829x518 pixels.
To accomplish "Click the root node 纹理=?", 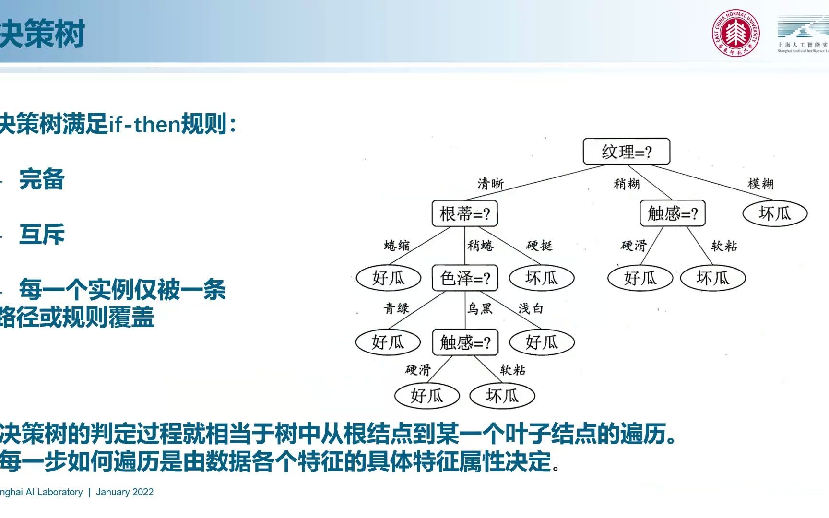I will coord(626,152).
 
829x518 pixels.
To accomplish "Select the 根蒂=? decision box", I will coord(464,213).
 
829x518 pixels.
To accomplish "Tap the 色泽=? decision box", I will coord(464,278).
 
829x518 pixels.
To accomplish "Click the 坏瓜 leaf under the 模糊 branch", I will coord(774,213).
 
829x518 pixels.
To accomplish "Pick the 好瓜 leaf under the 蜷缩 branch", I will coord(388,278).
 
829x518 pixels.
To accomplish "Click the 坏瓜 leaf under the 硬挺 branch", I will coord(541,278).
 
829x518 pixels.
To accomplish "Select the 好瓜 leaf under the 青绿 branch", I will coord(388,342).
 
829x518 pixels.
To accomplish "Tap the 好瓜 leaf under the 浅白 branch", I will coord(541,342).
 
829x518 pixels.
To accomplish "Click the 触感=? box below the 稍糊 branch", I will coord(672,213).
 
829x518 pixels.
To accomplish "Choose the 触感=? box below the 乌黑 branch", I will coord(465,342).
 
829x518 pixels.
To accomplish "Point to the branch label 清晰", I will coord(490,184).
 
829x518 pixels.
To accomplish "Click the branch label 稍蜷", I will coord(480,246).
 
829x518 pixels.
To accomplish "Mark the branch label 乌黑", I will coord(480,308).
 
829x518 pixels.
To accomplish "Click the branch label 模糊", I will coord(760,184).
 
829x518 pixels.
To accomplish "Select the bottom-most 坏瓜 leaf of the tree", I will coord(502,396).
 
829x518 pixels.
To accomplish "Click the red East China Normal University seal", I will coord(735,33).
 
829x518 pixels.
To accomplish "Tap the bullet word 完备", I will coord(42,179).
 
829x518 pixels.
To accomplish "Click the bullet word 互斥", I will coord(42,235).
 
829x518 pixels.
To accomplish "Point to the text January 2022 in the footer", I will coord(124,492).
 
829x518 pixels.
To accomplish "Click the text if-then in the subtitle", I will coord(144,125).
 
